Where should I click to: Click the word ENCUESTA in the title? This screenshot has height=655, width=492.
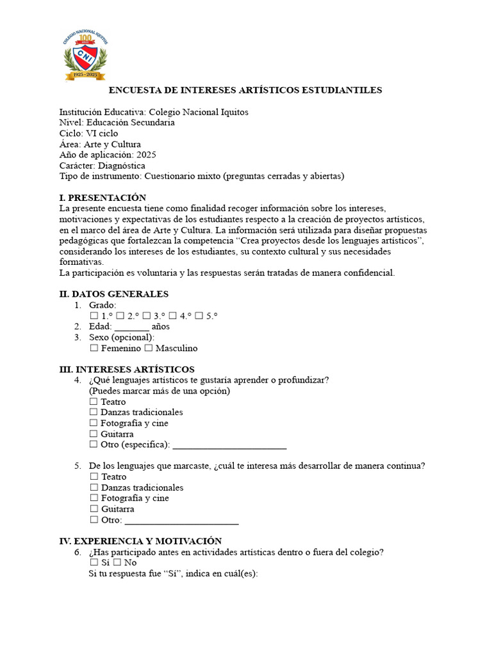[135, 90]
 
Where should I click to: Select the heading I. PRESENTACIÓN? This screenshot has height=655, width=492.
[102, 198]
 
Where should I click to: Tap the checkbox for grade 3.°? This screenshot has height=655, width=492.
[147, 316]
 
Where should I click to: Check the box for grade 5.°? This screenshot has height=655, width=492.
[199, 316]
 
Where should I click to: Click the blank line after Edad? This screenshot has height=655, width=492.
[131, 327]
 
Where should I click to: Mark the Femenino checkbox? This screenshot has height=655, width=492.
[94, 349]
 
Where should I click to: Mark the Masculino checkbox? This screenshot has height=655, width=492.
[149, 349]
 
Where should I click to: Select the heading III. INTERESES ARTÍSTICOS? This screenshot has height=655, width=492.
[127, 370]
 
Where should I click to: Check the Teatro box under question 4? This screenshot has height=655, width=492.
[94, 402]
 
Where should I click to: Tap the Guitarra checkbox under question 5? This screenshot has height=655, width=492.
[94, 509]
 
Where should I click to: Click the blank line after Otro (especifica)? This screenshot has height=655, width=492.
[229, 445]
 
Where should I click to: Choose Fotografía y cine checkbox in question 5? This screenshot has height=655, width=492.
[94, 498]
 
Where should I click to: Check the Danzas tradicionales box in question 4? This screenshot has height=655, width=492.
[94, 413]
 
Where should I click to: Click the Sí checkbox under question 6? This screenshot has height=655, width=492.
[94, 563]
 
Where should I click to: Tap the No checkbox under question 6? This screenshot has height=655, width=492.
[117, 563]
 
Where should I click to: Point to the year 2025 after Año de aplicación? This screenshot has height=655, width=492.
[146, 155]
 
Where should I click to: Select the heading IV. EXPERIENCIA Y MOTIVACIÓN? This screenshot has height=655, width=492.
[140, 541]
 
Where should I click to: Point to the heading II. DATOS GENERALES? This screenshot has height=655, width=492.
[113, 294]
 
